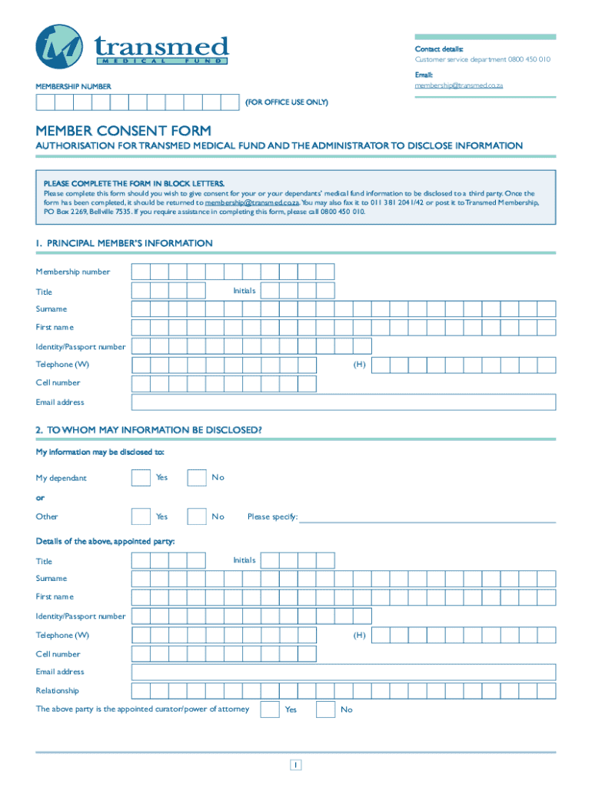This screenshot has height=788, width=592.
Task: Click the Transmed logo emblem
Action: pos(59,47)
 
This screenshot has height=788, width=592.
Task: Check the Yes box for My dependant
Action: pos(141,478)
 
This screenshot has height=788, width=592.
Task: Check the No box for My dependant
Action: pos(197,478)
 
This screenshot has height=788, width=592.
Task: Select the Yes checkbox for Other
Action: pos(141,516)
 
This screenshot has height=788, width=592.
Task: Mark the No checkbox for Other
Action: pos(197,516)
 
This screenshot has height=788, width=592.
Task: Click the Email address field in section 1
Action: pos(344,402)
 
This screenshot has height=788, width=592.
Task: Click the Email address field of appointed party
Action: pos(344,672)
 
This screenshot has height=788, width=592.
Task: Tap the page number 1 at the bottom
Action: pos(296,765)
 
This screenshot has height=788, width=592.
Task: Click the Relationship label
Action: pos(57,691)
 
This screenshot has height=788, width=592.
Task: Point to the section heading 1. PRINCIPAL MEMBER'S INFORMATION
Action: pos(124,243)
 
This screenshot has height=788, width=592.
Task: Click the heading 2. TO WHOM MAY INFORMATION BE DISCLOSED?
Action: pos(148,430)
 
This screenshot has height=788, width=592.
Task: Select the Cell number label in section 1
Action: pos(58,383)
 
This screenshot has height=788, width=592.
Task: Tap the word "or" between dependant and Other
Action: pos(40,497)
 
